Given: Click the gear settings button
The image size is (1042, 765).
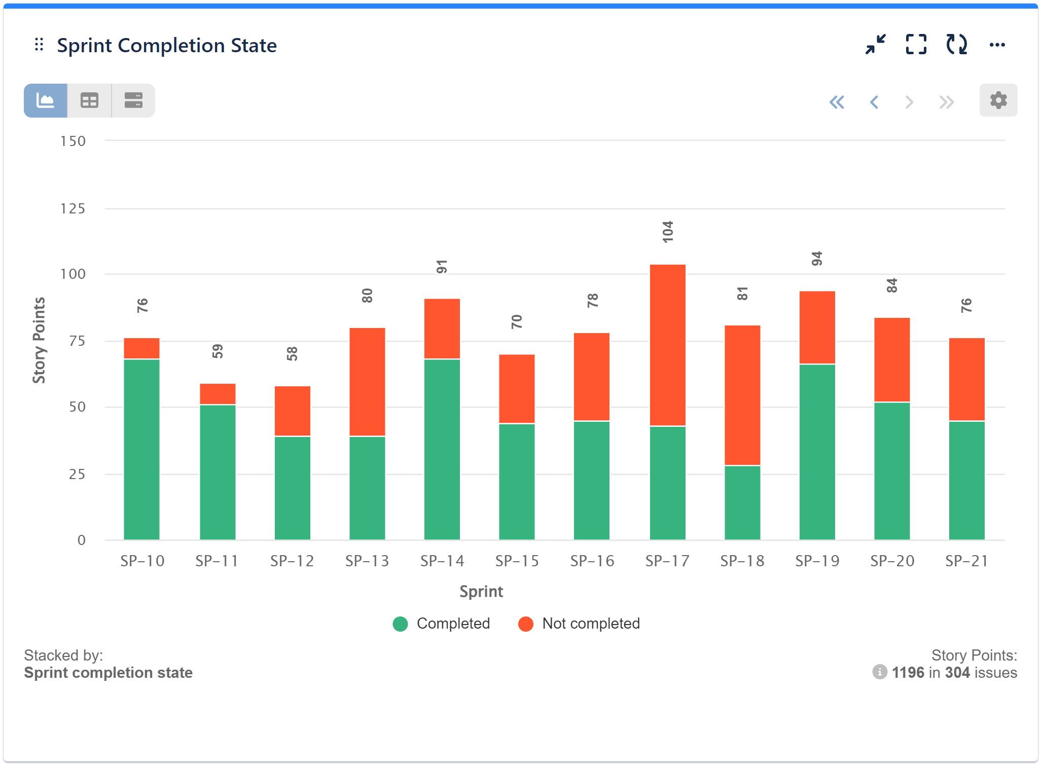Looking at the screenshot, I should click(998, 100).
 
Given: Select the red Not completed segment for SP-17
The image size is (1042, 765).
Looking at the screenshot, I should click(667, 345).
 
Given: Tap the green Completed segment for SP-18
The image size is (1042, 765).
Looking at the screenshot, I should click(742, 502).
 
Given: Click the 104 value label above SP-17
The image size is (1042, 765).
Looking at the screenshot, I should click(667, 232).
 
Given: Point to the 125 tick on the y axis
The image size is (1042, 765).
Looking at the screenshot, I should click(73, 208).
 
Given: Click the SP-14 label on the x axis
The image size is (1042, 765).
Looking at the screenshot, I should click(442, 561).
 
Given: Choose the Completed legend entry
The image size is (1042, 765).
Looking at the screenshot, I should click(442, 624).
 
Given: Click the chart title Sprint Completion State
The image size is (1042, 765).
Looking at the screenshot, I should click(166, 46).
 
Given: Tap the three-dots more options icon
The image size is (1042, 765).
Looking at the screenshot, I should click(997, 45).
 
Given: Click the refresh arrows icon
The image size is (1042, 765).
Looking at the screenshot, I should click(956, 45).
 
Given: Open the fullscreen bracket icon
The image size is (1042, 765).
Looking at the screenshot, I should click(916, 45).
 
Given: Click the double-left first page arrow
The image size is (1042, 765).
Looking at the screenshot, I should click(837, 102).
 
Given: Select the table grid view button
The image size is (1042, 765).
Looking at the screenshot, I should click(89, 100).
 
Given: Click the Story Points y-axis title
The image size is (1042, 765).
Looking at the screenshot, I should click(39, 340).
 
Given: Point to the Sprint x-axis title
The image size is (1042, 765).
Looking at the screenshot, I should click(481, 592).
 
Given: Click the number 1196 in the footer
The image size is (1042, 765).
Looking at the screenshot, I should click(908, 673).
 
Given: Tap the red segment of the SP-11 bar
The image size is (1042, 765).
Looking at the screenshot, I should click(218, 394).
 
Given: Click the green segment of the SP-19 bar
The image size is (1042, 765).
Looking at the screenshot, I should click(817, 451).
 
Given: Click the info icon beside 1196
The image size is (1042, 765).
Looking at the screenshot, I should click(879, 672).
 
